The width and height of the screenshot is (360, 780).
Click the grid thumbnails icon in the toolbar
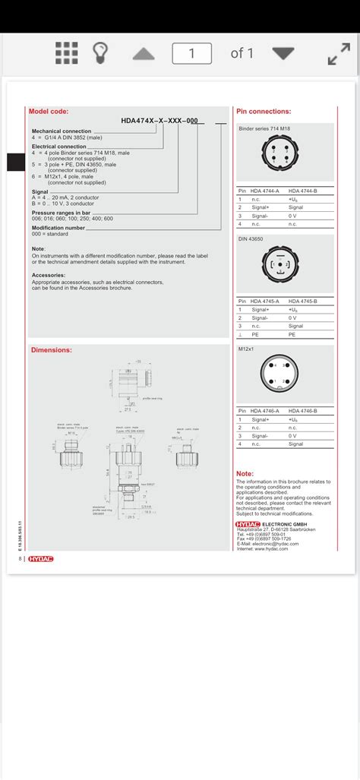(x=67, y=53)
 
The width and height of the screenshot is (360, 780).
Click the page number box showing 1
(x=191, y=53)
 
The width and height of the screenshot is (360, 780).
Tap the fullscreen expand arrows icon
(x=338, y=53)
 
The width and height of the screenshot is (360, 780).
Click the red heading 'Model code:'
(x=49, y=111)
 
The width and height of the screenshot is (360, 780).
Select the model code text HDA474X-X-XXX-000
(x=159, y=120)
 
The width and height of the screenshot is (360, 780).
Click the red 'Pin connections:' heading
(x=264, y=111)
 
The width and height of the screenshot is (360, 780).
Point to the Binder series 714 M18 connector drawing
(x=284, y=156)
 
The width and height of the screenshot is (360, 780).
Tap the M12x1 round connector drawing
(x=284, y=375)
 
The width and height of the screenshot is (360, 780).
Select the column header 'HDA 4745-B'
(x=302, y=300)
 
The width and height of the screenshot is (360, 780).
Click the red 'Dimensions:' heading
(x=51, y=350)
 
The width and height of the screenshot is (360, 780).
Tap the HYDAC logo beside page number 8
(x=41, y=559)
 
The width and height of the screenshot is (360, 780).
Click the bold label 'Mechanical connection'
(x=61, y=131)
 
